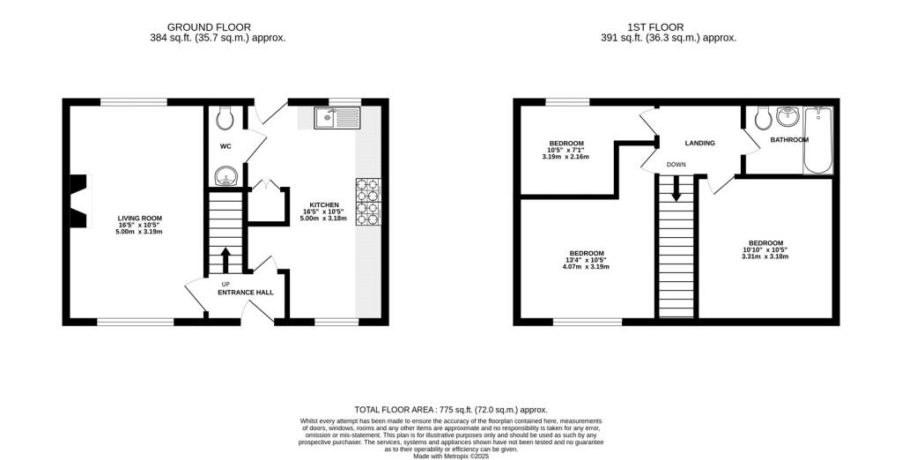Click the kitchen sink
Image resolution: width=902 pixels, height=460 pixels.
pyautogui.click(x=337, y=118)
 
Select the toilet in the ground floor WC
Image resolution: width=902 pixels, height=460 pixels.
pyautogui.click(x=225, y=118)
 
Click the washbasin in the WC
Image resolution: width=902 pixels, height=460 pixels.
pyautogui.click(x=225, y=176)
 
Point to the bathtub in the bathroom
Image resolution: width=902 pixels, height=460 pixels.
pyautogui.click(x=818, y=140)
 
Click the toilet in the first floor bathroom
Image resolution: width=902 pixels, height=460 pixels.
pyautogui.click(x=764, y=119)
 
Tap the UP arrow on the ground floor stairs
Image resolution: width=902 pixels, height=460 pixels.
pyautogui.click(x=225, y=260)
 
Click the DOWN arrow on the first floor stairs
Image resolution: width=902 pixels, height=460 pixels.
pyautogui.click(x=676, y=188)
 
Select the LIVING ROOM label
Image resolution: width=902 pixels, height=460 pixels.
pyautogui.click(x=140, y=219)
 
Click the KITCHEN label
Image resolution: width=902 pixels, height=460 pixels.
pyautogui.click(x=324, y=205)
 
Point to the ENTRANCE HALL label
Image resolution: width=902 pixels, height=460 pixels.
pyautogui.click(x=246, y=293)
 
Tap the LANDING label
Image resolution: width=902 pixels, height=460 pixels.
pyautogui.click(x=699, y=143)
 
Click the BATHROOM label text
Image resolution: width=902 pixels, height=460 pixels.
pyautogui.click(x=789, y=140)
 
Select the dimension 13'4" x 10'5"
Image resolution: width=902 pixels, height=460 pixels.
pyautogui.click(x=586, y=260)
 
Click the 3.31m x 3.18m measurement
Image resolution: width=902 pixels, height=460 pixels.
pyautogui.click(x=765, y=256)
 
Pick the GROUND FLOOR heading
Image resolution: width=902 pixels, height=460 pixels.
pyautogui.click(x=209, y=27)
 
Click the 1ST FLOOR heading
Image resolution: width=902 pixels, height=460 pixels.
pyautogui.click(x=655, y=27)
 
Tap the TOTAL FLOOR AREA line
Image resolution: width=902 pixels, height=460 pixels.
pyautogui.click(x=451, y=410)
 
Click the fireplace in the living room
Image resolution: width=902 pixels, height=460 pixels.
pyautogui.click(x=78, y=202)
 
